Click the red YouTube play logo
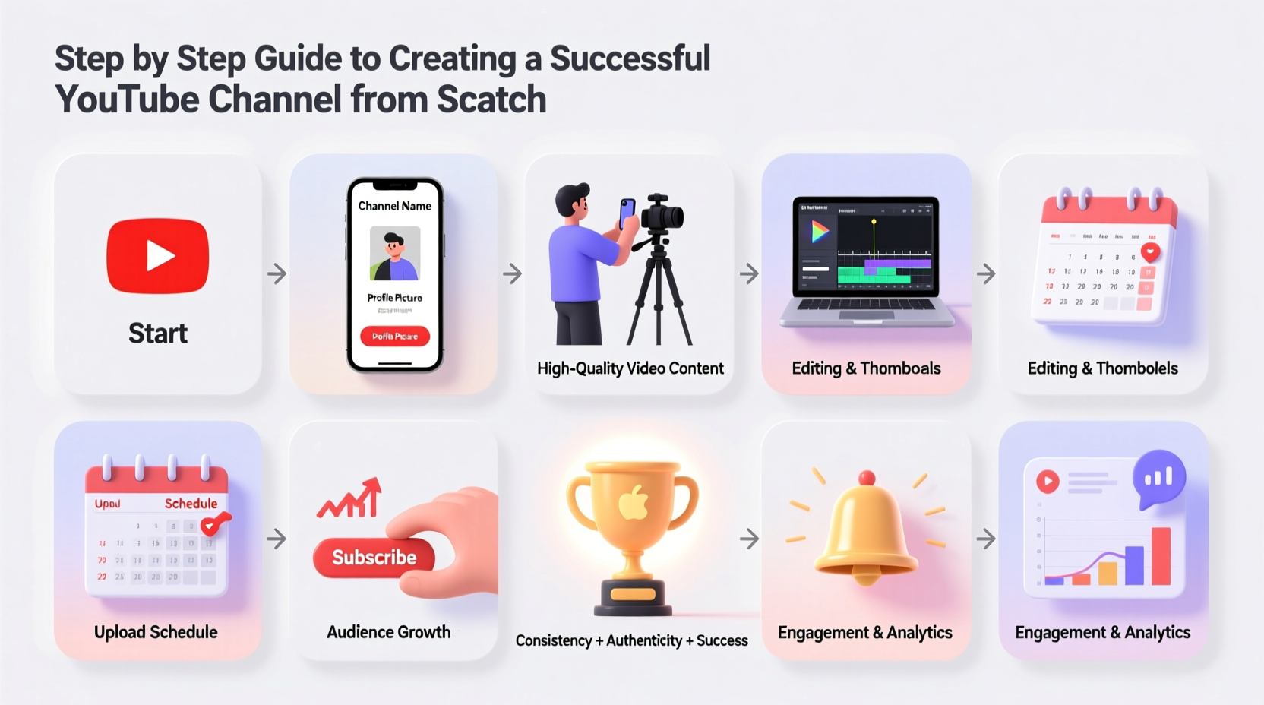[x=158, y=256]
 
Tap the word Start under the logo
[x=158, y=334]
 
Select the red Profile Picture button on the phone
[x=395, y=336]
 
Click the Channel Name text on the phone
[x=395, y=206]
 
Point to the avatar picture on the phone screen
[x=395, y=253]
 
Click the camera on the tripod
[x=661, y=213]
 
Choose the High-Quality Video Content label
[x=630, y=368]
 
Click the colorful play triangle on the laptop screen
[x=820, y=231]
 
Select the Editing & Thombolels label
[x=1102, y=368]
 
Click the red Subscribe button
[x=374, y=558]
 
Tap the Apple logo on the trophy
[x=633, y=504]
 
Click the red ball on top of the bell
[x=866, y=478]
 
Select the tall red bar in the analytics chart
[x=1161, y=556]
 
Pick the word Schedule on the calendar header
[x=191, y=504]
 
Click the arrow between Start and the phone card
[x=276, y=273]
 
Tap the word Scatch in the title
[x=491, y=100]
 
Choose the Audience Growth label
[x=388, y=632]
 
